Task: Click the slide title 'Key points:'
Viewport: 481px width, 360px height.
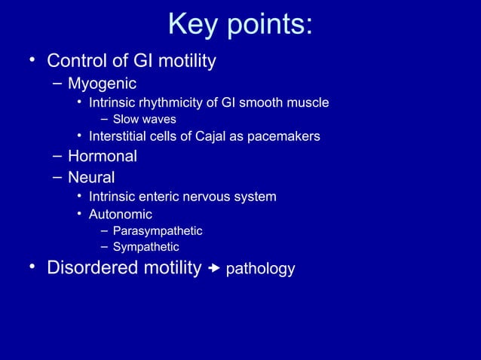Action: click(x=240, y=24)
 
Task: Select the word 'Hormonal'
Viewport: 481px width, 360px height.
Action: click(x=102, y=157)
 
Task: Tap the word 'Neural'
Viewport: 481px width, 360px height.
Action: click(x=91, y=178)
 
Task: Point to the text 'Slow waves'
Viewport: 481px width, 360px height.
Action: click(x=144, y=120)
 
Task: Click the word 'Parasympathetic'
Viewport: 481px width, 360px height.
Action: click(x=157, y=230)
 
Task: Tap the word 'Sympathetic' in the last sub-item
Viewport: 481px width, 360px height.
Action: click(x=146, y=246)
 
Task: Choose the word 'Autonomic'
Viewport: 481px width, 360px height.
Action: click(x=120, y=215)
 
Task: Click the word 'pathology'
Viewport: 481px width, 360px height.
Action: click(x=260, y=269)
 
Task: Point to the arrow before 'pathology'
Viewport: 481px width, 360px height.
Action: click(x=214, y=268)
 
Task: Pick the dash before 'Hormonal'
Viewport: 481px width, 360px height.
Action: click(x=57, y=157)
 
